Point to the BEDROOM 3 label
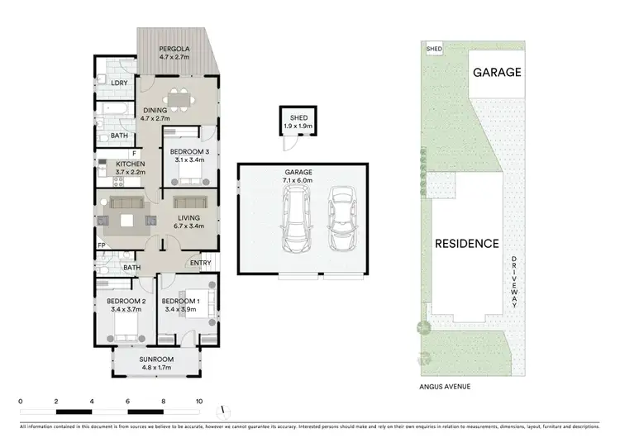pos(189,152)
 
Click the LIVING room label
pos(189,217)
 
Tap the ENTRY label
pos(200,263)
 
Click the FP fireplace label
pos(101,245)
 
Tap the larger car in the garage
pos(297,218)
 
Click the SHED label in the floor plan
pos(299,118)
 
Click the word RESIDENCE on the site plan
pos(468,243)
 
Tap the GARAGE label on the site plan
pos(496,72)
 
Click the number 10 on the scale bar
pos(198,401)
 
